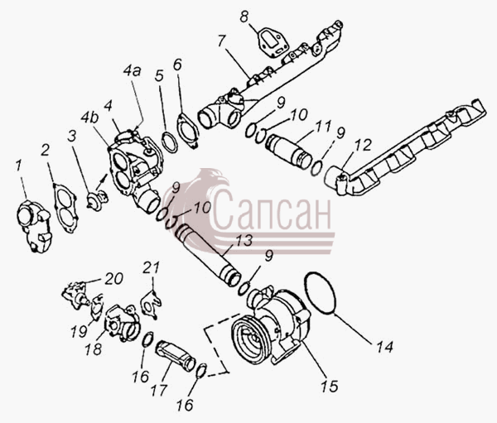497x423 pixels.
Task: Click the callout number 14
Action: [x=385, y=347]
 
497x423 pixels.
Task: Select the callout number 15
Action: [x=330, y=386]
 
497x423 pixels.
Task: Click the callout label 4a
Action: [x=133, y=72]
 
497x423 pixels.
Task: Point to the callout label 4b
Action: [x=89, y=118]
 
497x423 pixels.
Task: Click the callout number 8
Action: [x=244, y=17]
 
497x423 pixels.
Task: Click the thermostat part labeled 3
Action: [x=97, y=199]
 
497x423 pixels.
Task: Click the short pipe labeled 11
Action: [x=289, y=151]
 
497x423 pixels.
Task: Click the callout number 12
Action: [x=363, y=145]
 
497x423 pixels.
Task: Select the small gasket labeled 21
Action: [x=151, y=304]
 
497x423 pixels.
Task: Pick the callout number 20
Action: [x=114, y=279]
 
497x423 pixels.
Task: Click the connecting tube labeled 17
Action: [x=176, y=355]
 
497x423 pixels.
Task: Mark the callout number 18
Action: [x=93, y=349]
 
